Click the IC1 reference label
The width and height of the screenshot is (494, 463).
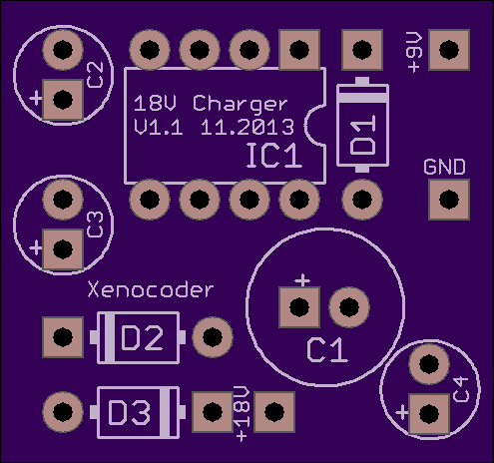(x=273, y=156)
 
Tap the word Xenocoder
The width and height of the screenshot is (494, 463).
(x=151, y=289)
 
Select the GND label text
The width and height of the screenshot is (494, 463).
(x=445, y=167)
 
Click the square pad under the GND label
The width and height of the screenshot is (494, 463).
(x=449, y=200)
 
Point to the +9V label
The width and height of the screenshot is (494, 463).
(x=414, y=52)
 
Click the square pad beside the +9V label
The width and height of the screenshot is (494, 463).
(x=449, y=50)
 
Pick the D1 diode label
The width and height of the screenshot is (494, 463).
(x=363, y=135)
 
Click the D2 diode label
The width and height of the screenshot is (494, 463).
(x=142, y=338)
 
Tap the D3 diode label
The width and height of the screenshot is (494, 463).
(x=129, y=412)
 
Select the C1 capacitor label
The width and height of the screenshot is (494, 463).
(x=327, y=350)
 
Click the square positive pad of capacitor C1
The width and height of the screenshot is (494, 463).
(x=299, y=307)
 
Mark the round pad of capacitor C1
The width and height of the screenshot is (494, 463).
(x=349, y=307)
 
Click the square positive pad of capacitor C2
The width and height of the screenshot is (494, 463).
(x=63, y=100)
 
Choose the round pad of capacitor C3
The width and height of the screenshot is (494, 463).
(x=63, y=200)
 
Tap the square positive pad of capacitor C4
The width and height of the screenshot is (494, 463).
(x=429, y=414)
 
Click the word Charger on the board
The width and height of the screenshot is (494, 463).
(x=240, y=105)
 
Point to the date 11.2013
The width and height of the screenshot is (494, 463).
(x=247, y=127)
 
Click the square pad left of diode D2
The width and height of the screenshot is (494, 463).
(x=63, y=337)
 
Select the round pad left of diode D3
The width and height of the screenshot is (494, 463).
(x=63, y=412)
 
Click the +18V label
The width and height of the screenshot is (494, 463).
(x=242, y=414)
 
